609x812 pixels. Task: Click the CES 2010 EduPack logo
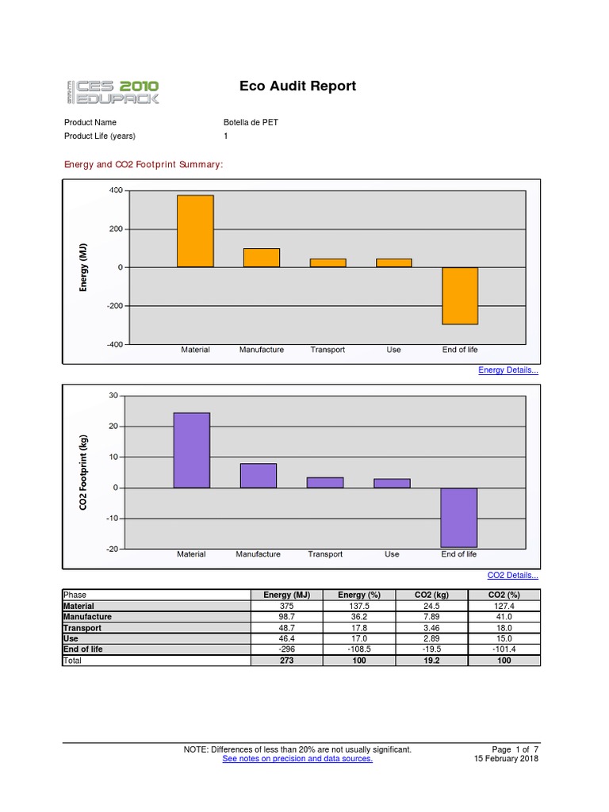tap(112, 91)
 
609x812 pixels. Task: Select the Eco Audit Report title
tap(297, 86)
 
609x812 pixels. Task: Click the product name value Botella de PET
tap(251, 122)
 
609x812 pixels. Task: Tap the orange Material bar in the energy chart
tap(195, 231)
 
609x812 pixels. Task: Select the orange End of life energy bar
tap(460, 296)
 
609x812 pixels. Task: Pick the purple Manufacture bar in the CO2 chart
tap(259, 476)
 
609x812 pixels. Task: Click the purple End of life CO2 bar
tap(458, 517)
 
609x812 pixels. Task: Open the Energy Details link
tap(508, 370)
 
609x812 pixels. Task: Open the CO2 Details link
tap(512, 575)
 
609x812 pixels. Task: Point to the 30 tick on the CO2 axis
tap(113, 396)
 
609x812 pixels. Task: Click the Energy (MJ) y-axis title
tap(83, 267)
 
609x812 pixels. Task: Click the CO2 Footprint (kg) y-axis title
tap(83, 472)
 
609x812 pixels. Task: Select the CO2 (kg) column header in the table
tap(431, 595)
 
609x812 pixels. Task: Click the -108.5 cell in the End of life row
tap(359, 649)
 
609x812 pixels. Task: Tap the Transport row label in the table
tap(82, 627)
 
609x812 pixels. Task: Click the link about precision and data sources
tap(297, 759)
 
